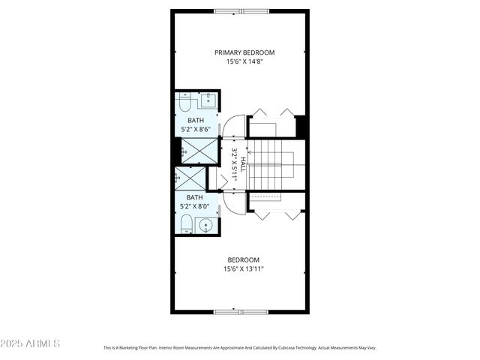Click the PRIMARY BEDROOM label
coord(244,52)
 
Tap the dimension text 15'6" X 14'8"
coord(244,61)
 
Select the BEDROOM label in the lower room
coord(244,259)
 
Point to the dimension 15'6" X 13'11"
coord(244,268)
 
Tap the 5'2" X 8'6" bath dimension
coord(195,130)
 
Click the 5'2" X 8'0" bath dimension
coord(195,206)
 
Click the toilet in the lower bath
coord(185,223)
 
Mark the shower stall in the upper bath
coord(199,151)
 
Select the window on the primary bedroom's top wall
coord(240,11)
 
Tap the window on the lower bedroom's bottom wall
coord(240,311)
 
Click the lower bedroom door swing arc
coord(234,202)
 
